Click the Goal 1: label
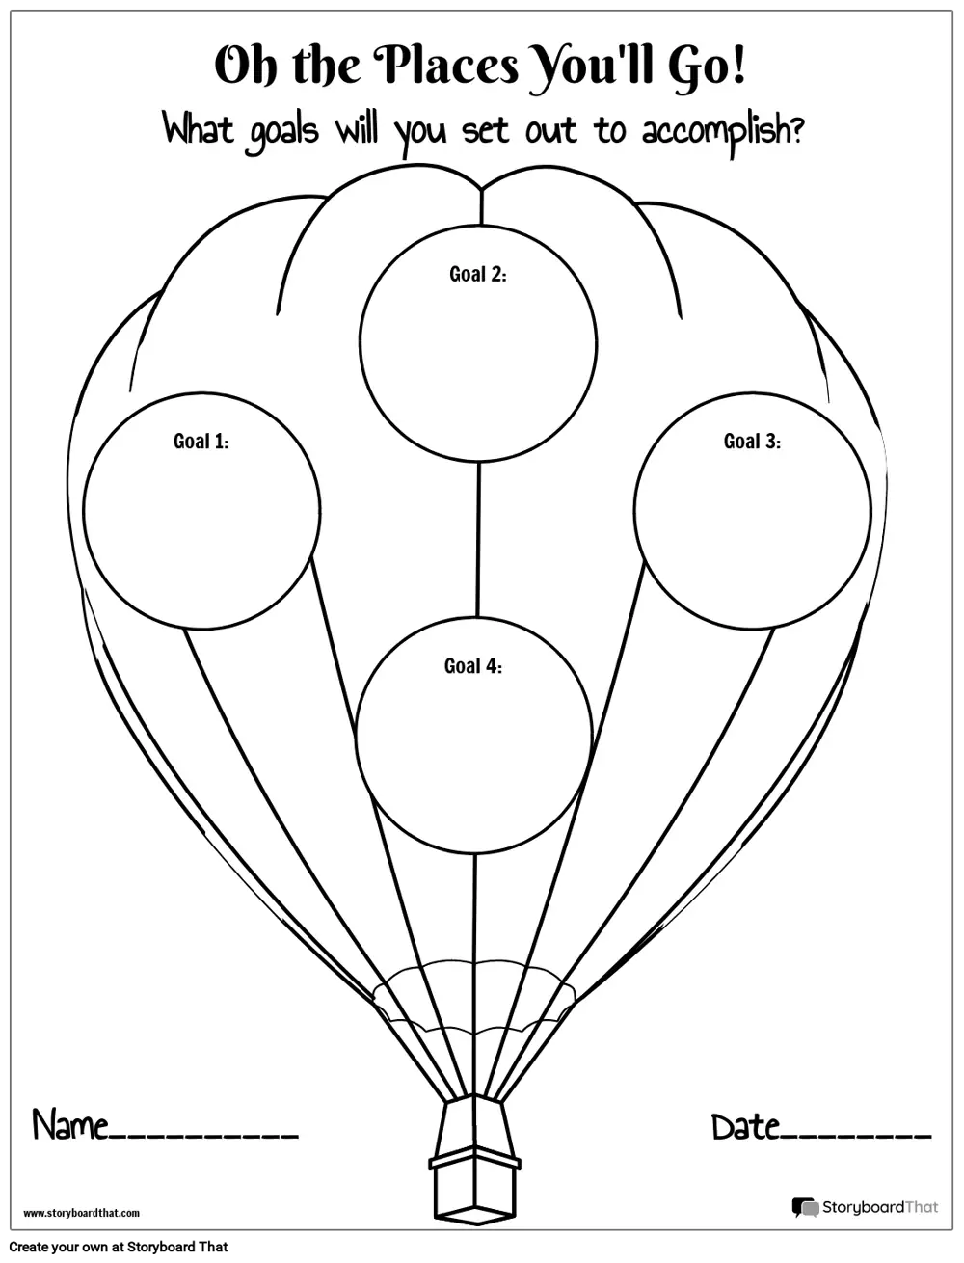coord(201,442)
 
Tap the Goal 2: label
coord(477,274)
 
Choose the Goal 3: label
coord(752,442)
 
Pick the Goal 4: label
coord(472,666)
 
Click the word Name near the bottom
coord(70,1124)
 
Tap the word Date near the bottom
coord(746,1126)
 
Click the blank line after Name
coord(203,1139)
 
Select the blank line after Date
coord(856,1139)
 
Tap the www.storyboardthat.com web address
coord(81,1214)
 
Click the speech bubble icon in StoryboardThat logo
coord(805,1207)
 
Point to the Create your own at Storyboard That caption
coord(119,1247)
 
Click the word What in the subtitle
coord(199,129)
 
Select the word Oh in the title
coord(246,67)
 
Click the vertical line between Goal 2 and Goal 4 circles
coord(477,540)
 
